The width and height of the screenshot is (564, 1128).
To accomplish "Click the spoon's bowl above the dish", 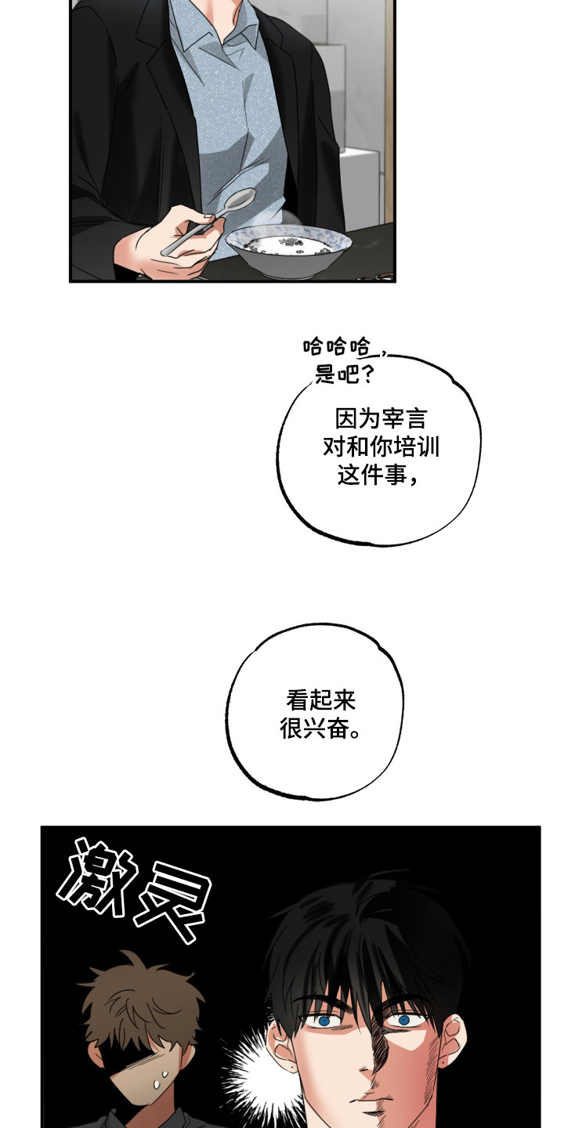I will pos(238,201).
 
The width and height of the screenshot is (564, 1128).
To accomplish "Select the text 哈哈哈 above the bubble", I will pos(337,345).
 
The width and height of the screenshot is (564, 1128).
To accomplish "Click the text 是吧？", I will pos(343,374).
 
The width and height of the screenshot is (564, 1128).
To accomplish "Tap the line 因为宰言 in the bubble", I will pos(381,417).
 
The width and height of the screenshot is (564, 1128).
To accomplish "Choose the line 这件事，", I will pos(376,475).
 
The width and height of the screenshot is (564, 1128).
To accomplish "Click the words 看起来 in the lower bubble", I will pos(321,700).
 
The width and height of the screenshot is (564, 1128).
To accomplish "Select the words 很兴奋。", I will pos(321,729).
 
